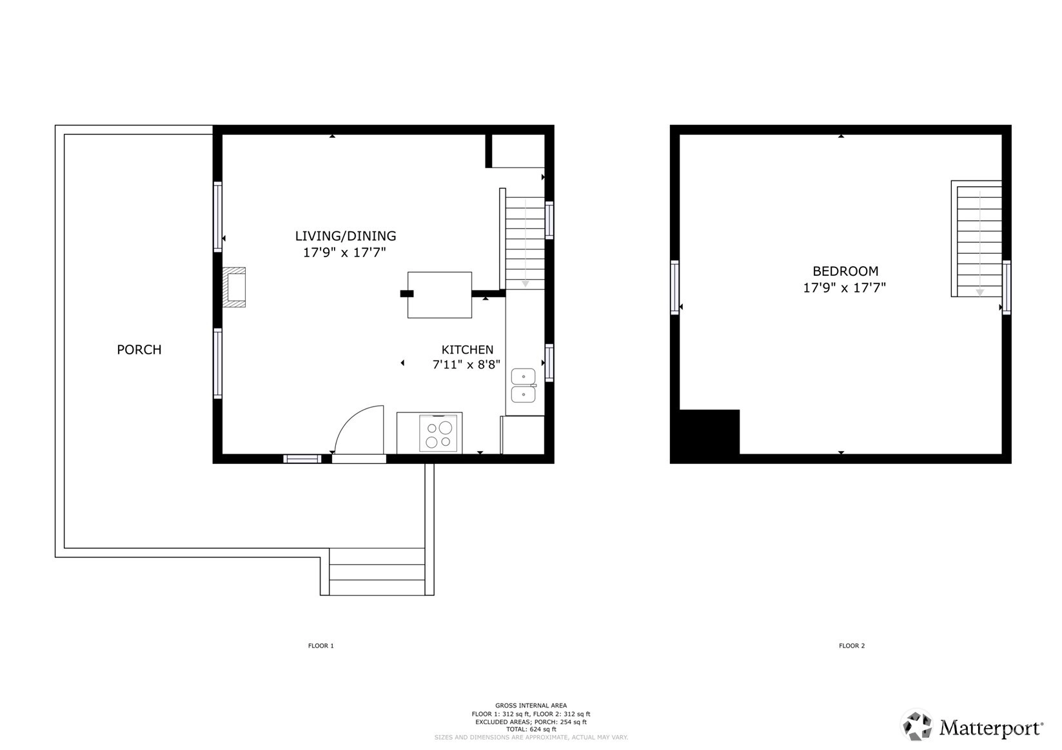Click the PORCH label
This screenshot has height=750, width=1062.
click(x=139, y=350)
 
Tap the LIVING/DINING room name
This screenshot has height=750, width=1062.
click(x=346, y=236)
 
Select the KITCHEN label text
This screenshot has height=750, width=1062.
click(x=467, y=350)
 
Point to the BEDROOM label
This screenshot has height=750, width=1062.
click(x=845, y=271)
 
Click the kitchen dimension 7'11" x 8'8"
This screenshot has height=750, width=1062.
click(x=467, y=364)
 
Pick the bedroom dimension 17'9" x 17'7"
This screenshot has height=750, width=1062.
click(x=845, y=287)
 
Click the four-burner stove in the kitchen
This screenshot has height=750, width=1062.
click(x=438, y=434)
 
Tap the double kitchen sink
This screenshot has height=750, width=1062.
click(x=524, y=386)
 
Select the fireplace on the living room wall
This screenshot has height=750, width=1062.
click(x=234, y=287)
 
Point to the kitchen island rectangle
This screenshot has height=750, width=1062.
click(x=440, y=294)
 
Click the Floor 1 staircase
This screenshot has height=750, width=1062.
click(x=525, y=243)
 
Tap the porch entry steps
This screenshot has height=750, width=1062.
click(x=377, y=572)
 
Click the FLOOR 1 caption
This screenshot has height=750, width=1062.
click(x=321, y=646)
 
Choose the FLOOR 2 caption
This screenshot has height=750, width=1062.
click(x=852, y=646)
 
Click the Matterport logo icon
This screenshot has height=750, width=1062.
click(x=917, y=726)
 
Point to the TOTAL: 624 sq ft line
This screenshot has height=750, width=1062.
click(x=531, y=729)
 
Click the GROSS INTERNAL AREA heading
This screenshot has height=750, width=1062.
click(x=531, y=706)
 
